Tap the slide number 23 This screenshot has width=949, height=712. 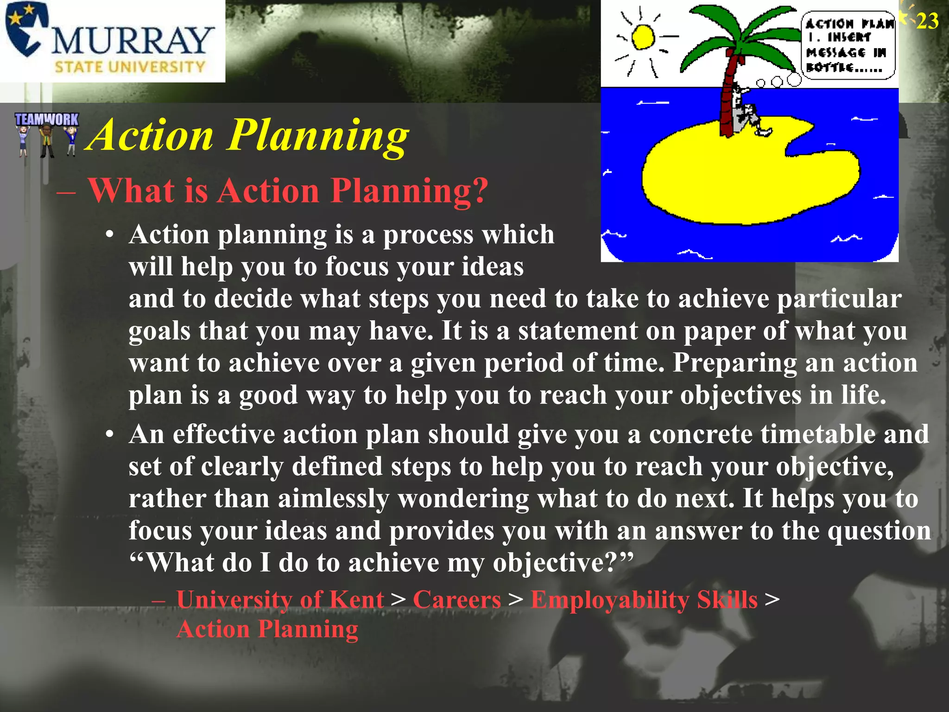pyautogui.click(x=927, y=21)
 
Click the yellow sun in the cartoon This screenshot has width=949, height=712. pyautogui.click(x=643, y=37)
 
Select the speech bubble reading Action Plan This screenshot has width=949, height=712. pyautogui.click(x=848, y=45)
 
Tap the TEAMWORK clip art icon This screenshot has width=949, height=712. pyautogui.click(x=46, y=134)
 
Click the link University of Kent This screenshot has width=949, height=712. pyautogui.click(x=280, y=600)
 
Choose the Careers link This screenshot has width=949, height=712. pyautogui.click(x=457, y=600)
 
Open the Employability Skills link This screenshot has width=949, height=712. pyautogui.click(x=644, y=600)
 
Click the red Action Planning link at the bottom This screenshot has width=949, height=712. pyautogui.click(x=267, y=629)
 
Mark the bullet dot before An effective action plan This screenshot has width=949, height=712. pyautogui.click(x=109, y=435)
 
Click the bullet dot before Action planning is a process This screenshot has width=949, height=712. pyautogui.click(x=109, y=235)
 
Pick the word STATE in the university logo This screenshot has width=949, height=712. pyautogui.click(x=78, y=67)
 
